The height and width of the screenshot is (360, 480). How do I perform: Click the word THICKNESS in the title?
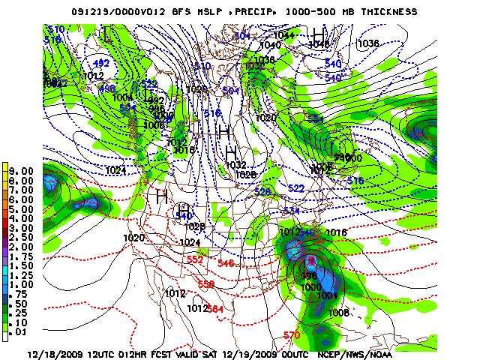(x=388, y=12)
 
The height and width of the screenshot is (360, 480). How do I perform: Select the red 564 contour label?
(x=216, y=309)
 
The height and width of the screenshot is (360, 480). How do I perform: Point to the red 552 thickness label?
(x=195, y=259)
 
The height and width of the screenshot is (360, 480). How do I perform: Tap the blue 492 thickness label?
(x=101, y=63)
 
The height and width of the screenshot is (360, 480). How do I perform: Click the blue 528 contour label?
(x=262, y=192)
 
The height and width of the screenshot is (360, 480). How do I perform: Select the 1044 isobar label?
(x=283, y=35)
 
